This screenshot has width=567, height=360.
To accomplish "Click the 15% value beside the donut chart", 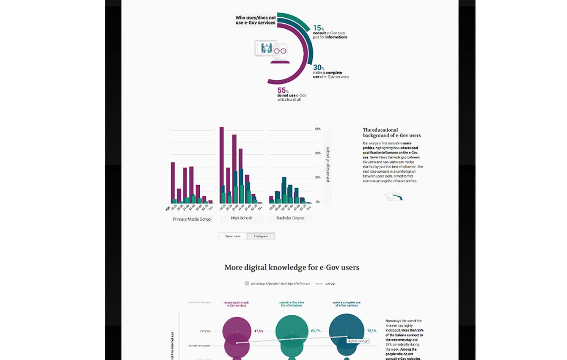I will tap(318, 28).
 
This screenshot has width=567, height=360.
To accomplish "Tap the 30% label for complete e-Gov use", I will tap(318, 68).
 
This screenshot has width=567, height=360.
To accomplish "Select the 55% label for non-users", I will tap(282, 90).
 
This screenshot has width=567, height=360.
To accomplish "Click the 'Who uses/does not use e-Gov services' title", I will tap(255, 20).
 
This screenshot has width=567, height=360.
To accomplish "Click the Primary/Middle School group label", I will tap(192, 219).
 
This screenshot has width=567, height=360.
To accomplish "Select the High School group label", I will tap(241, 218).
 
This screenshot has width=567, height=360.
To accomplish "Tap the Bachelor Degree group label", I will tap(290, 218).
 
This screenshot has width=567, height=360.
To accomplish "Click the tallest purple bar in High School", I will tap(221, 165).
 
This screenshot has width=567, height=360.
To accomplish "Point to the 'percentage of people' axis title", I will tap(328, 164).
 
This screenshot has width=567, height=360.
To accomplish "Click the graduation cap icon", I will tap(393, 196).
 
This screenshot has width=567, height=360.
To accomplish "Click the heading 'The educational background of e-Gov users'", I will tap(391, 132).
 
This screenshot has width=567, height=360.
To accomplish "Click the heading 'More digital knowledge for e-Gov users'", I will tap(292, 267).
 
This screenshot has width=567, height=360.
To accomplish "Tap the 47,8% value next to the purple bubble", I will tap(259, 331).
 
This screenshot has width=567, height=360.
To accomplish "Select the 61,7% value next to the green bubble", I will tap(316, 331).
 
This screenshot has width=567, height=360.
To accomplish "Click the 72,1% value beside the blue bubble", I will tap(372, 331).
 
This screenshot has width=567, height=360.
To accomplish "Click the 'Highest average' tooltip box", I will tap(358, 341).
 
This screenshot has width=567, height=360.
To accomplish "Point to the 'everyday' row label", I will tap(205, 331).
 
